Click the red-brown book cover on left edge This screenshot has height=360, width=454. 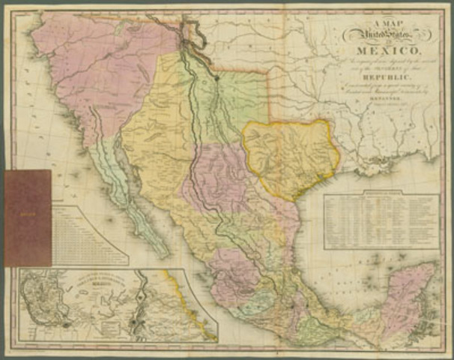[28, 217]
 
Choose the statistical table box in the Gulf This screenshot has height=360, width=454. [381, 221]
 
